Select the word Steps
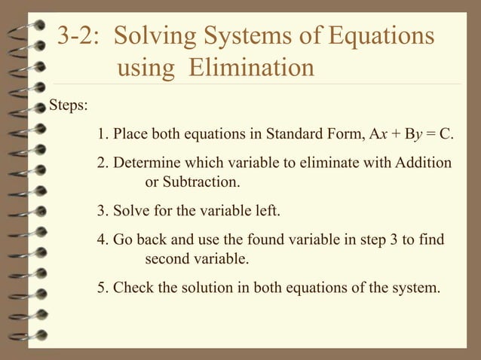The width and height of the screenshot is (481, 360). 68,105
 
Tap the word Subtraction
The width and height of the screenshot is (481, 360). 201,182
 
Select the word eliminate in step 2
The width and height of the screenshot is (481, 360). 320,163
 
